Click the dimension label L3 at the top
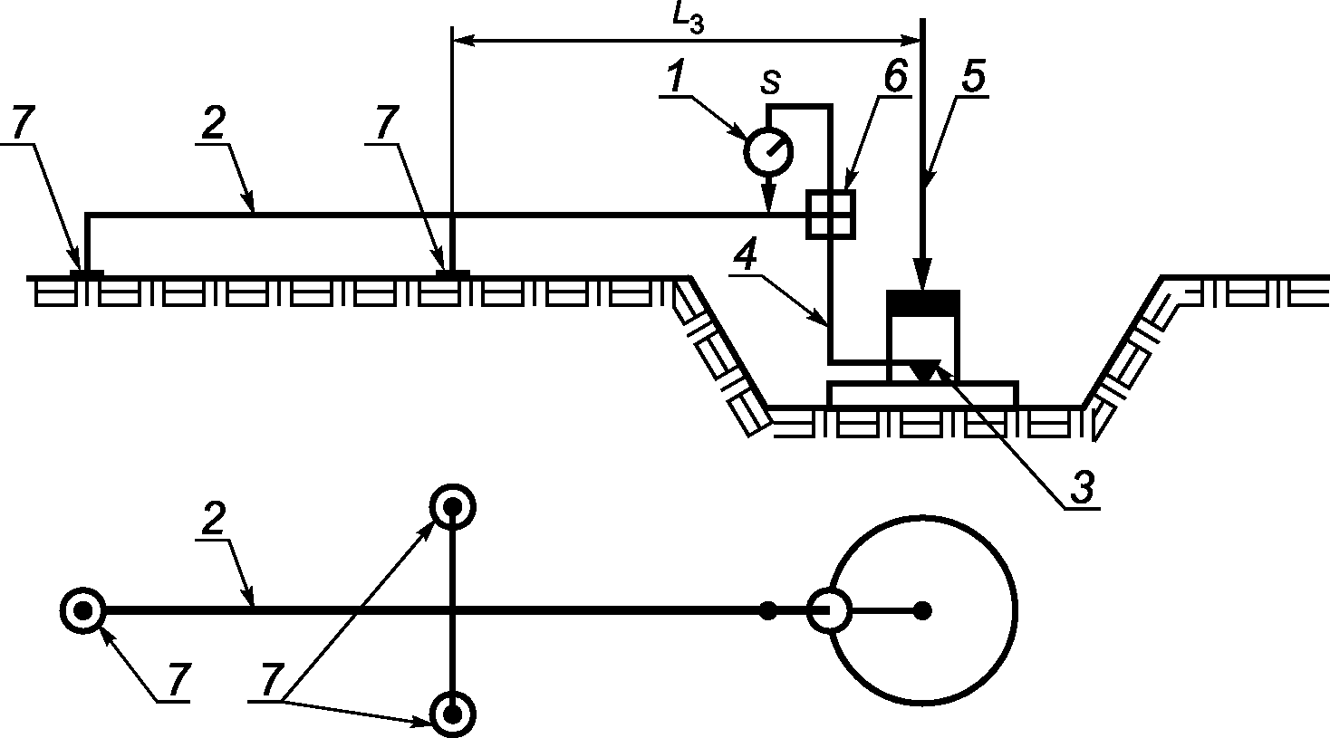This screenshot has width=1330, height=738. [x=689, y=20]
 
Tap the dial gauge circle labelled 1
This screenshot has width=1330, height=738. [x=767, y=151]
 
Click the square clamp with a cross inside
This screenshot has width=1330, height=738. [x=830, y=215]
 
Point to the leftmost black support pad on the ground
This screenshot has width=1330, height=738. [x=87, y=271]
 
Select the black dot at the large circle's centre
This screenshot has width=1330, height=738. [x=922, y=610]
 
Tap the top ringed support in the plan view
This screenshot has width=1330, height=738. [x=452, y=507]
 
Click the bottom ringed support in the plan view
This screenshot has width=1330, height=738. [x=452, y=714]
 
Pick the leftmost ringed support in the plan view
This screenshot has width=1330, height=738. [x=83, y=610]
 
